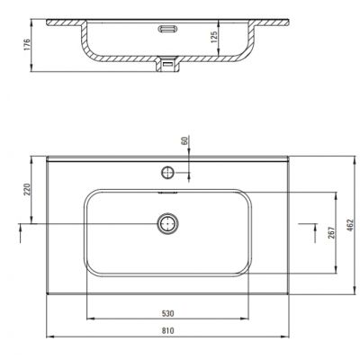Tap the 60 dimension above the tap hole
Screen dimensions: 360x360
pyautogui.click(x=183, y=142)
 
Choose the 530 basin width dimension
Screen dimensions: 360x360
pyautogui.click(x=167, y=315)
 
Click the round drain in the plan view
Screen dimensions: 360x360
pyautogui.click(x=167, y=223)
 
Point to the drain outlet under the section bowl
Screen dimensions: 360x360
pyautogui.click(x=167, y=63)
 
